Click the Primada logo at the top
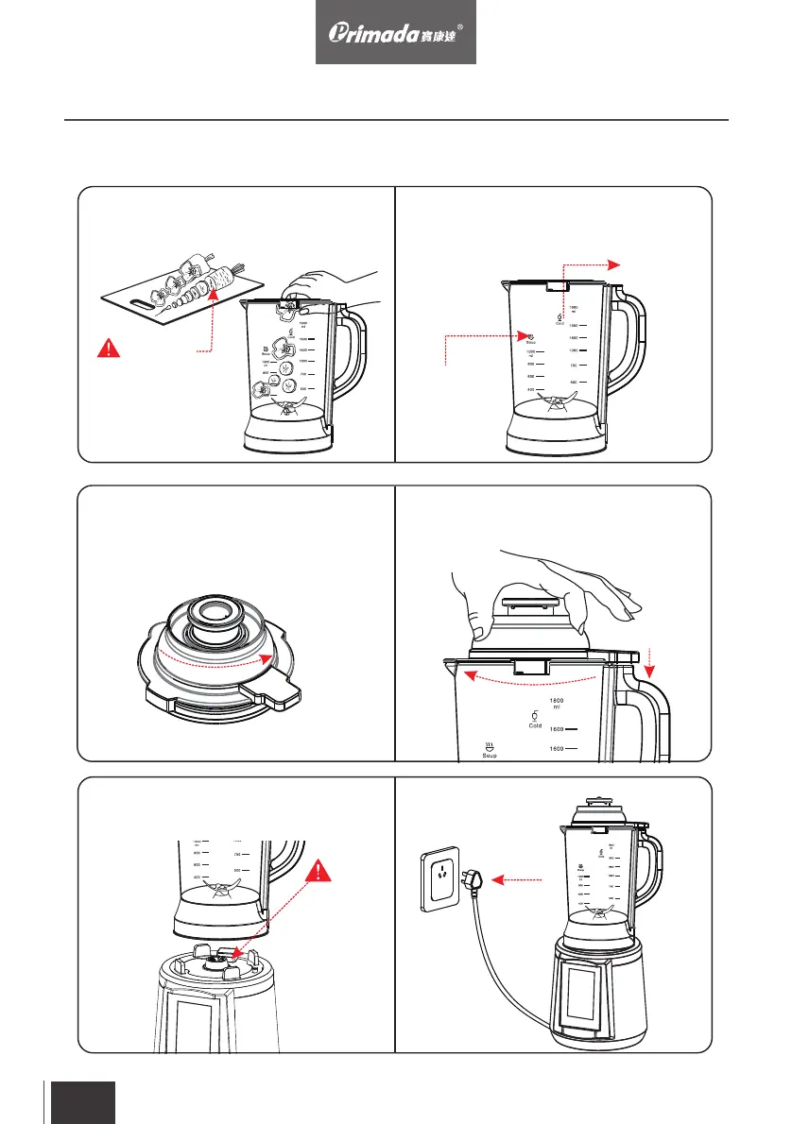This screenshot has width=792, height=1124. pos(396,32)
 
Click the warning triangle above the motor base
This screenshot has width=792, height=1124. pos(321,867)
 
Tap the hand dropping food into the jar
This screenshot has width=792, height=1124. pos(326,284)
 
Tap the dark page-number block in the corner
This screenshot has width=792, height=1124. pos(82,1102)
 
